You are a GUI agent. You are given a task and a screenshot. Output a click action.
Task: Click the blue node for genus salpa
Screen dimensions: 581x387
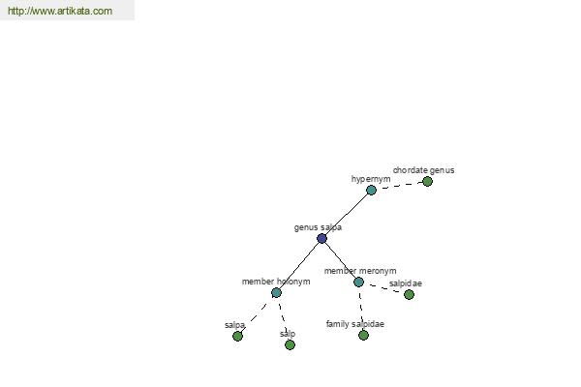click(321, 238)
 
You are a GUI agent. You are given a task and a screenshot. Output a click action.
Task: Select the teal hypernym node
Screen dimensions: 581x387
click(371, 190)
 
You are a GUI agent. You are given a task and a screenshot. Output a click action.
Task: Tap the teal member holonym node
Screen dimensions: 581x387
click(276, 293)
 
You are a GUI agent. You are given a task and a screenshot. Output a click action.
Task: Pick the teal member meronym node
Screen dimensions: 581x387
click(358, 283)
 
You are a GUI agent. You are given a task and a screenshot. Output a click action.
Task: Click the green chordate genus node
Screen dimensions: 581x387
click(427, 182)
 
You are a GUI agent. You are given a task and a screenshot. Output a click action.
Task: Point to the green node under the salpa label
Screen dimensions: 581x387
click(237, 337)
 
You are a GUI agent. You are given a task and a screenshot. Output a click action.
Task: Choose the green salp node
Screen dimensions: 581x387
click(290, 345)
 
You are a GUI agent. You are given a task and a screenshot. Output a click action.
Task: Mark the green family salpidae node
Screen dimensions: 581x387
click(363, 335)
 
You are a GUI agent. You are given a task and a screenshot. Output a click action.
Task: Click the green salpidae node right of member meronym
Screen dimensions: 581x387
click(409, 295)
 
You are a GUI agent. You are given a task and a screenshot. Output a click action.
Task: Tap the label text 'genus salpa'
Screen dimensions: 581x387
click(318, 227)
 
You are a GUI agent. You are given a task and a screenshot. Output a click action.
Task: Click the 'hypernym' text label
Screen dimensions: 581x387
click(371, 179)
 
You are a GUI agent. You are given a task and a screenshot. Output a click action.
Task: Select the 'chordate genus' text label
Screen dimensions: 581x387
click(423, 170)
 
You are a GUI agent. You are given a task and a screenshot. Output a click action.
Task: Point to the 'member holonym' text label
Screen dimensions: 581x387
click(276, 282)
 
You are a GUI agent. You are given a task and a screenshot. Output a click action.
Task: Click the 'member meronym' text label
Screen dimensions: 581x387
click(360, 271)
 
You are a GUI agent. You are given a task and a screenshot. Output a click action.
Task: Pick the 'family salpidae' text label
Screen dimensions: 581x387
click(355, 324)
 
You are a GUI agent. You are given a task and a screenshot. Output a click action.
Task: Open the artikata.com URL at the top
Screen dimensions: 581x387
click(60, 11)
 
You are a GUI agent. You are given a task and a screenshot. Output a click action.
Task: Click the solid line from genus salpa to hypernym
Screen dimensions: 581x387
click(347, 214)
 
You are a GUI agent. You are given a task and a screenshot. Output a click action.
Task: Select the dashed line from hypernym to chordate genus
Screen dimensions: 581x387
click(399, 186)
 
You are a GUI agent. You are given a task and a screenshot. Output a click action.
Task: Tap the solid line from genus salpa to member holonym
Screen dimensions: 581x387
click(298, 265)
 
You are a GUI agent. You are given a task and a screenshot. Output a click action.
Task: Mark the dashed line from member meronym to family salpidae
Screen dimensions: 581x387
click(361, 309)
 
